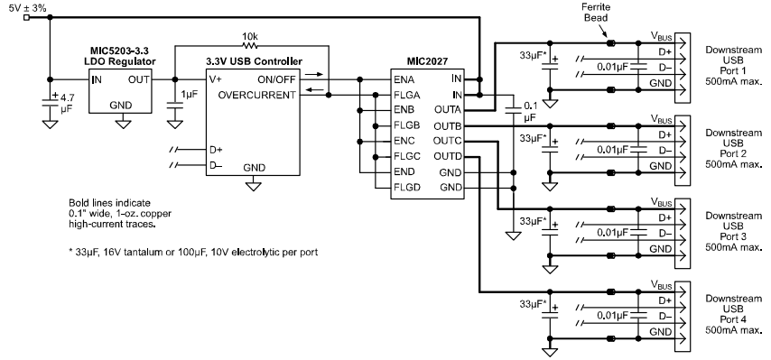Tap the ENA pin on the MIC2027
[404, 79]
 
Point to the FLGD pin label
[407, 186]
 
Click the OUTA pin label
[447, 109]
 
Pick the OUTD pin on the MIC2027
[447, 155]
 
